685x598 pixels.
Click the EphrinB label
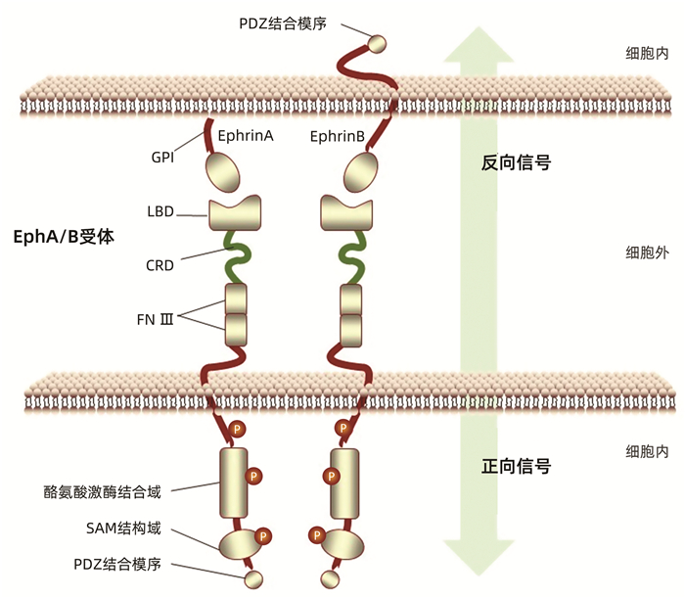click(339, 136)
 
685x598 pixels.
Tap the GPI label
click(162, 157)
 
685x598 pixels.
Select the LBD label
click(161, 210)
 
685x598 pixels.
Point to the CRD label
click(161, 264)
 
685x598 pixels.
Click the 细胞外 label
click(647, 253)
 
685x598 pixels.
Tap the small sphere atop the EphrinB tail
click(376, 42)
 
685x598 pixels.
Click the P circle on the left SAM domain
click(264, 535)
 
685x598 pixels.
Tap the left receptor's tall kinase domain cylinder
click(235, 483)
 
